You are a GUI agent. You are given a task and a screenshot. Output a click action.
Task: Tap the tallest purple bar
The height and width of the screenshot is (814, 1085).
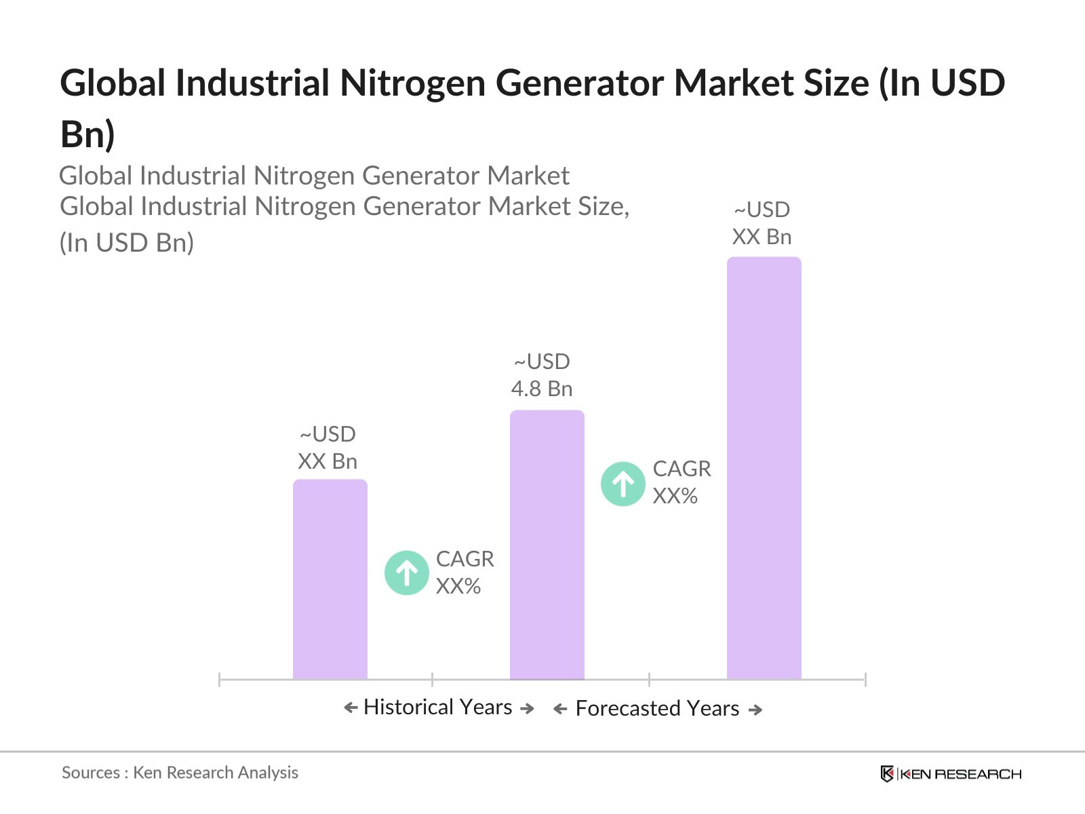coord(764,468)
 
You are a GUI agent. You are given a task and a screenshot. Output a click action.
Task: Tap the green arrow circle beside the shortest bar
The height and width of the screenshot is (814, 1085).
coord(406,573)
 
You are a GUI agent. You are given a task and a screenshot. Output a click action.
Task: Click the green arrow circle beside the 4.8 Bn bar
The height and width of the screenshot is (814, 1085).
coord(623,484)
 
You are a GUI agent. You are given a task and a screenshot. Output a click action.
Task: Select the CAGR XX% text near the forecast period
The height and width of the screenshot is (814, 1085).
coord(681,482)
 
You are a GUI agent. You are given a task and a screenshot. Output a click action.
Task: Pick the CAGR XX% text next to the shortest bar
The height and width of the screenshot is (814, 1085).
coord(465,573)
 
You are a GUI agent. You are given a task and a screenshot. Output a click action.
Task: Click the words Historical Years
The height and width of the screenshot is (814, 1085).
coord(437,707)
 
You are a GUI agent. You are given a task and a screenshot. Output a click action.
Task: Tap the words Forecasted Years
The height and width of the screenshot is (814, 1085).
coord(656,708)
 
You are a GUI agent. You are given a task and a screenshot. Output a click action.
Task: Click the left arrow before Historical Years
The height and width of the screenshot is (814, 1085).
coord(351,708)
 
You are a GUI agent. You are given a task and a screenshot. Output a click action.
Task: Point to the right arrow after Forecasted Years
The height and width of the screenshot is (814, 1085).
coord(755,710)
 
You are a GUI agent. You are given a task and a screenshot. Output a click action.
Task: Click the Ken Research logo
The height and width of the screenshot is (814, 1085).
coord(950,773)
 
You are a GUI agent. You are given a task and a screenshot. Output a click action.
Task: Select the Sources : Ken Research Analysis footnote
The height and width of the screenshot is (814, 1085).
coord(180,773)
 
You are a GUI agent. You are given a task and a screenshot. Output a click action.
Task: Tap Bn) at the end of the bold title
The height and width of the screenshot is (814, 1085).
coord(87,134)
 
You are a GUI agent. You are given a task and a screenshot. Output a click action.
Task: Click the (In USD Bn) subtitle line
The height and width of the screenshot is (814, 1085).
coord(127,243)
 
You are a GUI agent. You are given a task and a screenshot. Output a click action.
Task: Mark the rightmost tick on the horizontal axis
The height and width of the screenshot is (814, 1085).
coord(865,679)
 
